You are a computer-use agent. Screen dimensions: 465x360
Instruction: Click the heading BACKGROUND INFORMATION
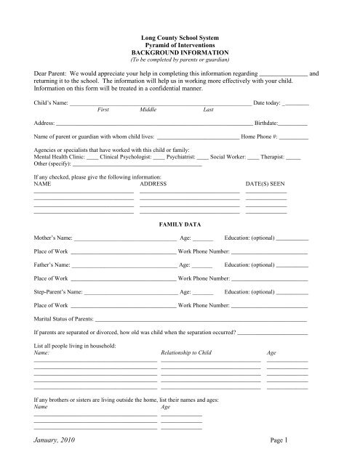(179, 54)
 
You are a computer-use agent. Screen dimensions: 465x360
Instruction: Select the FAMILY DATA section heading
(179, 227)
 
